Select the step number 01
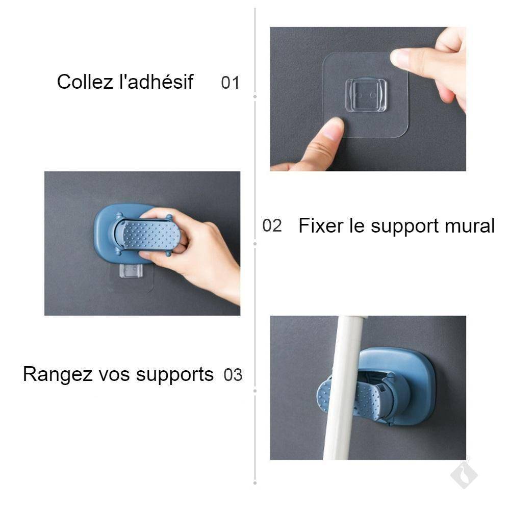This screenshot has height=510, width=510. [230, 83]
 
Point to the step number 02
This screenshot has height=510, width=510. [272, 225]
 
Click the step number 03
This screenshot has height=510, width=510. [233, 375]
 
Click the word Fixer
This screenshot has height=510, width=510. [321, 225]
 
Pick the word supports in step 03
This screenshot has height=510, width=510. [174, 375]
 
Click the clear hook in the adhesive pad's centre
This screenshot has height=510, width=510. [366, 95]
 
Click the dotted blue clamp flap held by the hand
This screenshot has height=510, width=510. [150, 234]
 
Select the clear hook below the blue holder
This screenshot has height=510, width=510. [131, 271]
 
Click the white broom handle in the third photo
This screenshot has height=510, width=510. [344, 388]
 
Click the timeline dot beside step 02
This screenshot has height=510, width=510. [255, 244]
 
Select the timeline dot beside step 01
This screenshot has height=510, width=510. [255, 96]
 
